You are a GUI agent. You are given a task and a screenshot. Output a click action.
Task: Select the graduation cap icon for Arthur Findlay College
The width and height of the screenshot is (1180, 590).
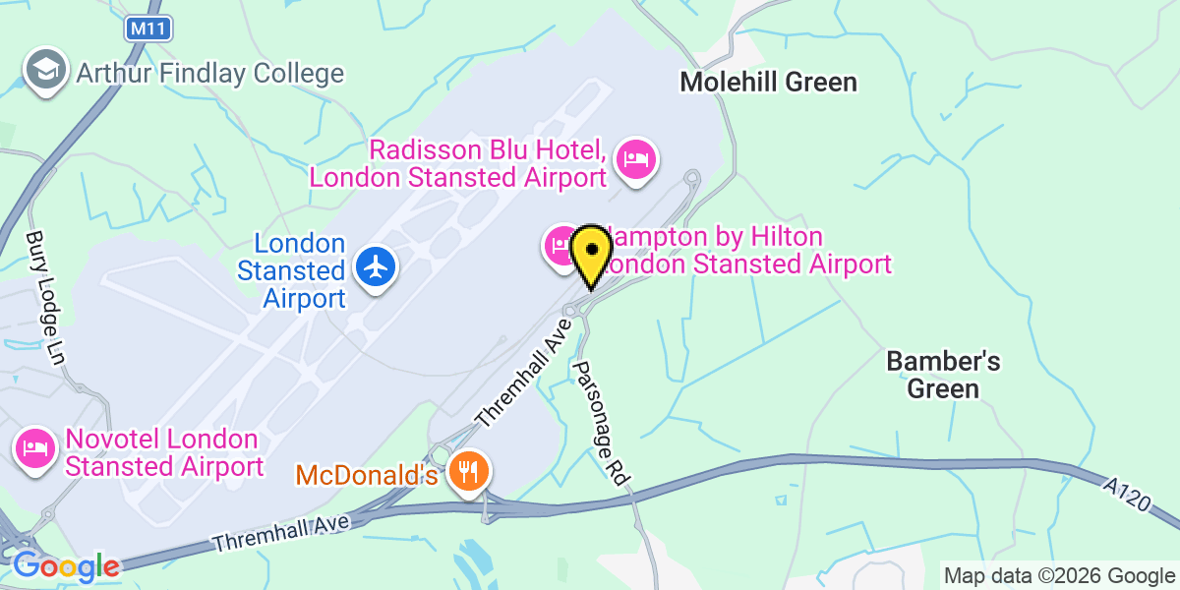(45, 71)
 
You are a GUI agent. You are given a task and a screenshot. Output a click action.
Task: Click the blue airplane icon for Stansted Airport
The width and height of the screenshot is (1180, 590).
(376, 265)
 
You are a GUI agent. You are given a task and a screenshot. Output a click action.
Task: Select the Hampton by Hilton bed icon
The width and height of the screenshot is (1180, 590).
(560, 244)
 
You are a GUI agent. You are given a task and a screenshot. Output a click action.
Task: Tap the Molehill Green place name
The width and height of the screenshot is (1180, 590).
(768, 82)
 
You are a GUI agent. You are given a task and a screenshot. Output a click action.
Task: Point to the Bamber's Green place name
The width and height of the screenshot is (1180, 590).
(943, 375)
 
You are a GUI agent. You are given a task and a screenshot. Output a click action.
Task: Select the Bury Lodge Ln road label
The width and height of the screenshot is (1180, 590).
(45, 298)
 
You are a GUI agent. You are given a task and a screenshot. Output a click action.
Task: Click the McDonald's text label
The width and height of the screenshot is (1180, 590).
(367, 476)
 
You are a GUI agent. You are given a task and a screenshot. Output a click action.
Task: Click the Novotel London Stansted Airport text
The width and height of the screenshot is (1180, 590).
(163, 452)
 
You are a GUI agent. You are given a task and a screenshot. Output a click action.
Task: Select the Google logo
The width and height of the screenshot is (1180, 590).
(65, 566)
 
